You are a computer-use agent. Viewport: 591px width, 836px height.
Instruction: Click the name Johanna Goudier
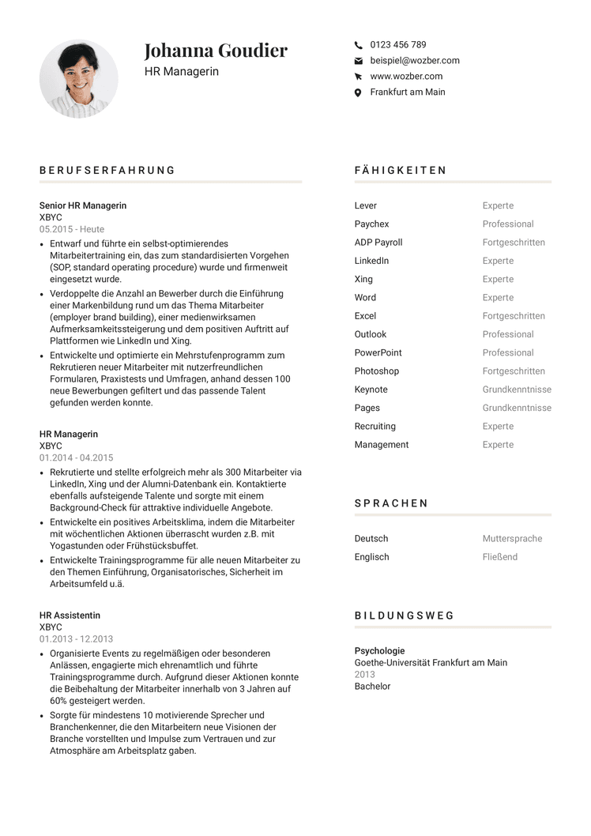[x=216, y=51]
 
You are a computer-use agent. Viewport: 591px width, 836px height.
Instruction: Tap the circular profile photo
[x=78, y=79]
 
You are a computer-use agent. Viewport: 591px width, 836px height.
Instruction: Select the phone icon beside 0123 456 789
[x=359, y=45]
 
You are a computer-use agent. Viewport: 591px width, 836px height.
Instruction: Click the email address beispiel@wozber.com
[x=414, y=61]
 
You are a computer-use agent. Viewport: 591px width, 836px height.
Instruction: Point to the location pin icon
[x=359, y=92]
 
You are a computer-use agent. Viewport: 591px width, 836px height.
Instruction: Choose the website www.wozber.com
[x=406, y=77]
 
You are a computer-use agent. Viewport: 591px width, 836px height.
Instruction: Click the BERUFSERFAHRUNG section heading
[x=107, y=171]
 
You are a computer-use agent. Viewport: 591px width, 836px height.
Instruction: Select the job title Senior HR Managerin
[x=83, y=205]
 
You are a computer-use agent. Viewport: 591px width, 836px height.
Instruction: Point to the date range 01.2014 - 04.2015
[x=76, y=458]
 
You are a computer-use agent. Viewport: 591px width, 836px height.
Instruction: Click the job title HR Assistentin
[x=70, y=616]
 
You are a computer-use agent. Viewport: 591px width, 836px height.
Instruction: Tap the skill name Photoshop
[x=376, y=371]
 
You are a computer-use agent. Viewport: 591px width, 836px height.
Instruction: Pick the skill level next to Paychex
[x=508, y=224]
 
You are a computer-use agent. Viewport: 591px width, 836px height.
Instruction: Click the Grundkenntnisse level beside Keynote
[x=517, y=390]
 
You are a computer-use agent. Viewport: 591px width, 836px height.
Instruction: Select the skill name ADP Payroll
[x=378, y=243]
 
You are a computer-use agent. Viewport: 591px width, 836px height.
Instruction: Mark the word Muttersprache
[x=512, y=539]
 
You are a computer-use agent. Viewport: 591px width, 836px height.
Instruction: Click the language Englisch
[x=371, y=557]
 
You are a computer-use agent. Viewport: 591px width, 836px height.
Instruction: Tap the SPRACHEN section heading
[x=391, y=503]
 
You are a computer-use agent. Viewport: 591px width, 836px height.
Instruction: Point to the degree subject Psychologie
[x=379, y=651]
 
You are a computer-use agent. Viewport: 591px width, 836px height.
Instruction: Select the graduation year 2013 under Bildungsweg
[x=364, y=675]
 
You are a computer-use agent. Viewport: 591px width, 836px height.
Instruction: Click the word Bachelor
[x=372, y=687]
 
